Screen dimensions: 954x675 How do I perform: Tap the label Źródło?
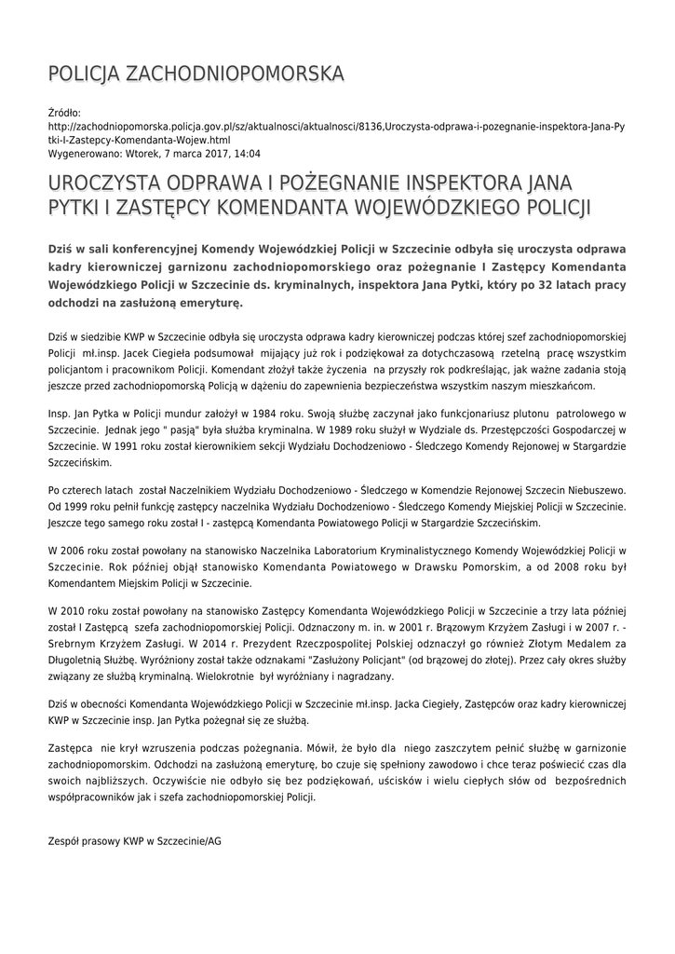point(64,112)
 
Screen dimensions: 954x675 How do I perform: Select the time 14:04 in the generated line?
point(248,154)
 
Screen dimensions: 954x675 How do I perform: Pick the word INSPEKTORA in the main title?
point(450,181)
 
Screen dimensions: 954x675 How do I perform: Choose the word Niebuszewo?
point(595,489)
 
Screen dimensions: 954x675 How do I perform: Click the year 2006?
point(72,550)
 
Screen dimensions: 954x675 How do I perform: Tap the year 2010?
point(72,609)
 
